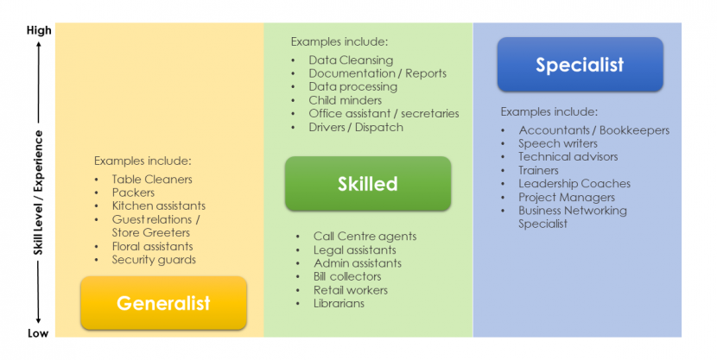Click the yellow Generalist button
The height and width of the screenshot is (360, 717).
click(164, 303)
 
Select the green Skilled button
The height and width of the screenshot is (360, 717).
click(368, 184)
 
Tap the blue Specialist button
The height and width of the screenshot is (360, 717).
click(581, 65)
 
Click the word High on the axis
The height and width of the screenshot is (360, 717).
click(39, 30)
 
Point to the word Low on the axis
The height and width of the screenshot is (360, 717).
click(38, 333)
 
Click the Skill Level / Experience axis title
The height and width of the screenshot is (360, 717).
click(38, 193)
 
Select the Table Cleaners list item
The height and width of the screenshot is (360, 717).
click(152, 179)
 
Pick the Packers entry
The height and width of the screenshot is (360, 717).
click(133, 193)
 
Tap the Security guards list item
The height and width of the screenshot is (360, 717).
click(154, 260)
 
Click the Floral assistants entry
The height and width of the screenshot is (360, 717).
click(152, 246)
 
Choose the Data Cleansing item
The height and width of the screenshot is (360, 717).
click(351, 60)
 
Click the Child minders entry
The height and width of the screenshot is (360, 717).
click(346, 100)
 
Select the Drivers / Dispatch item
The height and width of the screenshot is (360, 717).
click(356, 127)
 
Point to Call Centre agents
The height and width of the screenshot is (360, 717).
click(365, 237)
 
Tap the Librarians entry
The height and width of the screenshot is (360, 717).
click(339, 303)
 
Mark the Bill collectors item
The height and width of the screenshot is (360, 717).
click(347, 276)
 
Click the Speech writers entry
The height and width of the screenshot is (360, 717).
click(558, 143)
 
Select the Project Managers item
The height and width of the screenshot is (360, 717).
click(567, 198)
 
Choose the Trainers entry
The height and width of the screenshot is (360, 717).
click(538, 170)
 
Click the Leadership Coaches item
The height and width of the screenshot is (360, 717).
click(574, 184)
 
